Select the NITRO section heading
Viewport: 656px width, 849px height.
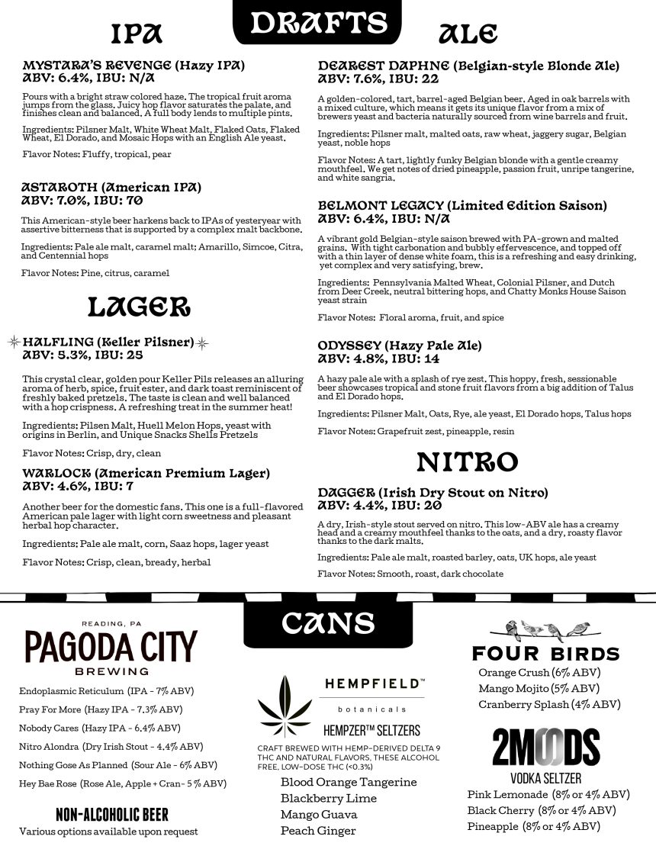coord(468,461)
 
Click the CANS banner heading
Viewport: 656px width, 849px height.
coord(327,622)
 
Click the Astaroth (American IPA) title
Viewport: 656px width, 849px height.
coord(111,187)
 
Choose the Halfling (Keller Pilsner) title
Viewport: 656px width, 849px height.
coord(108,342)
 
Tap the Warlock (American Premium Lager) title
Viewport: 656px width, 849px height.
coord(146,473)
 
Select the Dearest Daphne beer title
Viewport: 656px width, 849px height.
coord(468,66)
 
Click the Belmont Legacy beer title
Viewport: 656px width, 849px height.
coord(462,206)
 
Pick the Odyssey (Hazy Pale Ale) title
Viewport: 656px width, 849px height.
coord(400,346)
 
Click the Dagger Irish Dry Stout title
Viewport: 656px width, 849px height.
coord(433,493)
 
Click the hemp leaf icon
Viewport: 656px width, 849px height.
coord(285,704)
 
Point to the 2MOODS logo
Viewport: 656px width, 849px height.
coord(545,748)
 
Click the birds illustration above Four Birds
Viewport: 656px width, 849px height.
coord(546,631)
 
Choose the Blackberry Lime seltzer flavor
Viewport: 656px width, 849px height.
coord(329,798)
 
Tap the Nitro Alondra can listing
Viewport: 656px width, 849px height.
coord(111,747)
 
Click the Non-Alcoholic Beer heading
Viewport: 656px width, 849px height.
coord(112,814)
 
